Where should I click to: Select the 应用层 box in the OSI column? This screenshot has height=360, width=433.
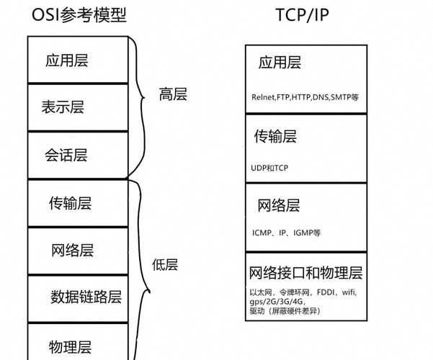[66, 60]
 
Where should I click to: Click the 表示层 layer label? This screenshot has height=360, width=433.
[63, 107]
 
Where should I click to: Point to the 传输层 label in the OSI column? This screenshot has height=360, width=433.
[70, 202]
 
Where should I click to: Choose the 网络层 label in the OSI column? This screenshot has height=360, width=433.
[73, 251]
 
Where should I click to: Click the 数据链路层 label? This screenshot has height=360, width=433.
[86, 296]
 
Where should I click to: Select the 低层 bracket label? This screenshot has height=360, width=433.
[164, 264]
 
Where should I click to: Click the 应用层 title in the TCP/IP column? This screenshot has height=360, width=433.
[280, 63]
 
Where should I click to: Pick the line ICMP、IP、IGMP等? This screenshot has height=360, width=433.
[287, 233]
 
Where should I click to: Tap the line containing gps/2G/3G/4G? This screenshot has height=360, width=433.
[277, 302]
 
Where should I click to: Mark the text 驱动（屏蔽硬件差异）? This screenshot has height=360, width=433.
[285, 311]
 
